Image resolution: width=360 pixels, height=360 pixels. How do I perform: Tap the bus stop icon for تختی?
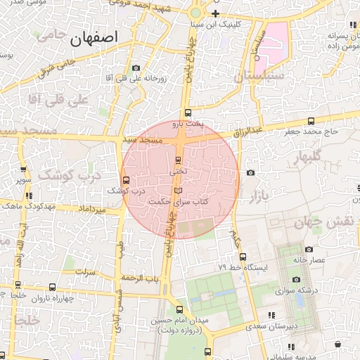[179, 160]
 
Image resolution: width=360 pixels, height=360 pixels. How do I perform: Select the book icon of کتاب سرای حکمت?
[177, 191]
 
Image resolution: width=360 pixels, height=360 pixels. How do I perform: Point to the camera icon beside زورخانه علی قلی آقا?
[136, 68]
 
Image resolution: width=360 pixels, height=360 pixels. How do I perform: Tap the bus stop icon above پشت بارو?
[187, 112]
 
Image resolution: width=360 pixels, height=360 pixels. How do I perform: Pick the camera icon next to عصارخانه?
[309, 249]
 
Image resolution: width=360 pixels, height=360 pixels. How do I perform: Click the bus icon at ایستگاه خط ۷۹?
[243, 257]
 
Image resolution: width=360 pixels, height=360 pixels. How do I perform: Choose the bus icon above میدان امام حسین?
[179, 309]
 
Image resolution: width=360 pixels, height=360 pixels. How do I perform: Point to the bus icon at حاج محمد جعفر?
[311, 120]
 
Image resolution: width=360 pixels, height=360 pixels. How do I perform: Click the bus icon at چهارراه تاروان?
[53, 287]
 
